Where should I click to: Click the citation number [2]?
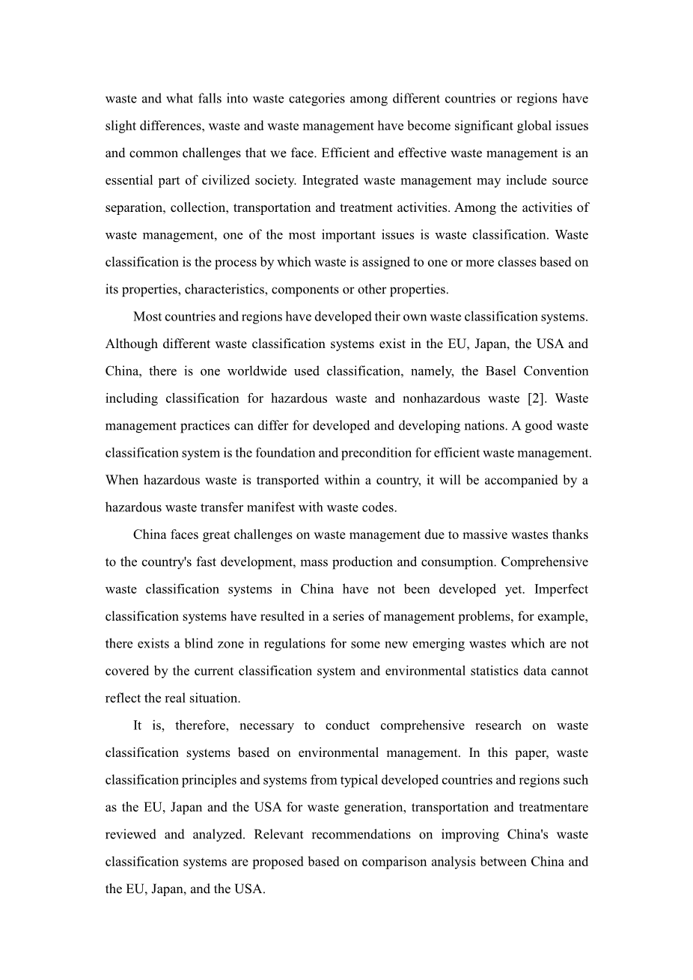(x=537, y=398)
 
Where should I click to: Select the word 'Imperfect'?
(x=561, y=589)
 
